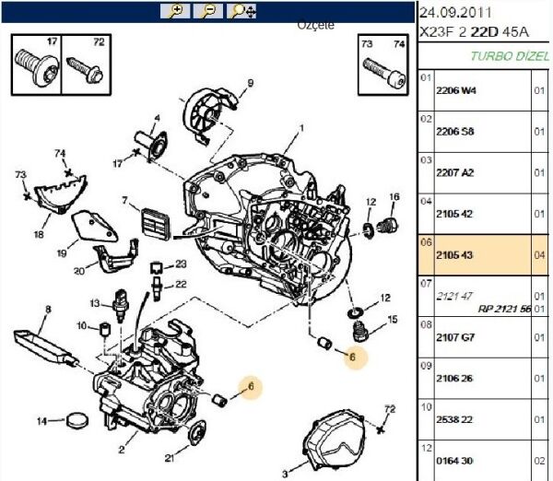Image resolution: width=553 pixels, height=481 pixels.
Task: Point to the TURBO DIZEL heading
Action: [510, 55]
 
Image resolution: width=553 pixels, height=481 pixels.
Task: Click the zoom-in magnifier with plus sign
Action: [174, 11]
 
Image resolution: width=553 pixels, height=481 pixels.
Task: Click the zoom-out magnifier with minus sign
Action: [209, 11]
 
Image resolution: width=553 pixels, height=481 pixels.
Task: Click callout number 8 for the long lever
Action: [48, 309]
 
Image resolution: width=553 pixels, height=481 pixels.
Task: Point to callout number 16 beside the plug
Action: [394, 197]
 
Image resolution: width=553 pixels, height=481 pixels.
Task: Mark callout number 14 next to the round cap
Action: [41, 421]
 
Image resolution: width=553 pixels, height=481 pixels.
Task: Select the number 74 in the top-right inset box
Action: [398, 43]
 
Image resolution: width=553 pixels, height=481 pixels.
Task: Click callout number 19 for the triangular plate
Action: [62, 252]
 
